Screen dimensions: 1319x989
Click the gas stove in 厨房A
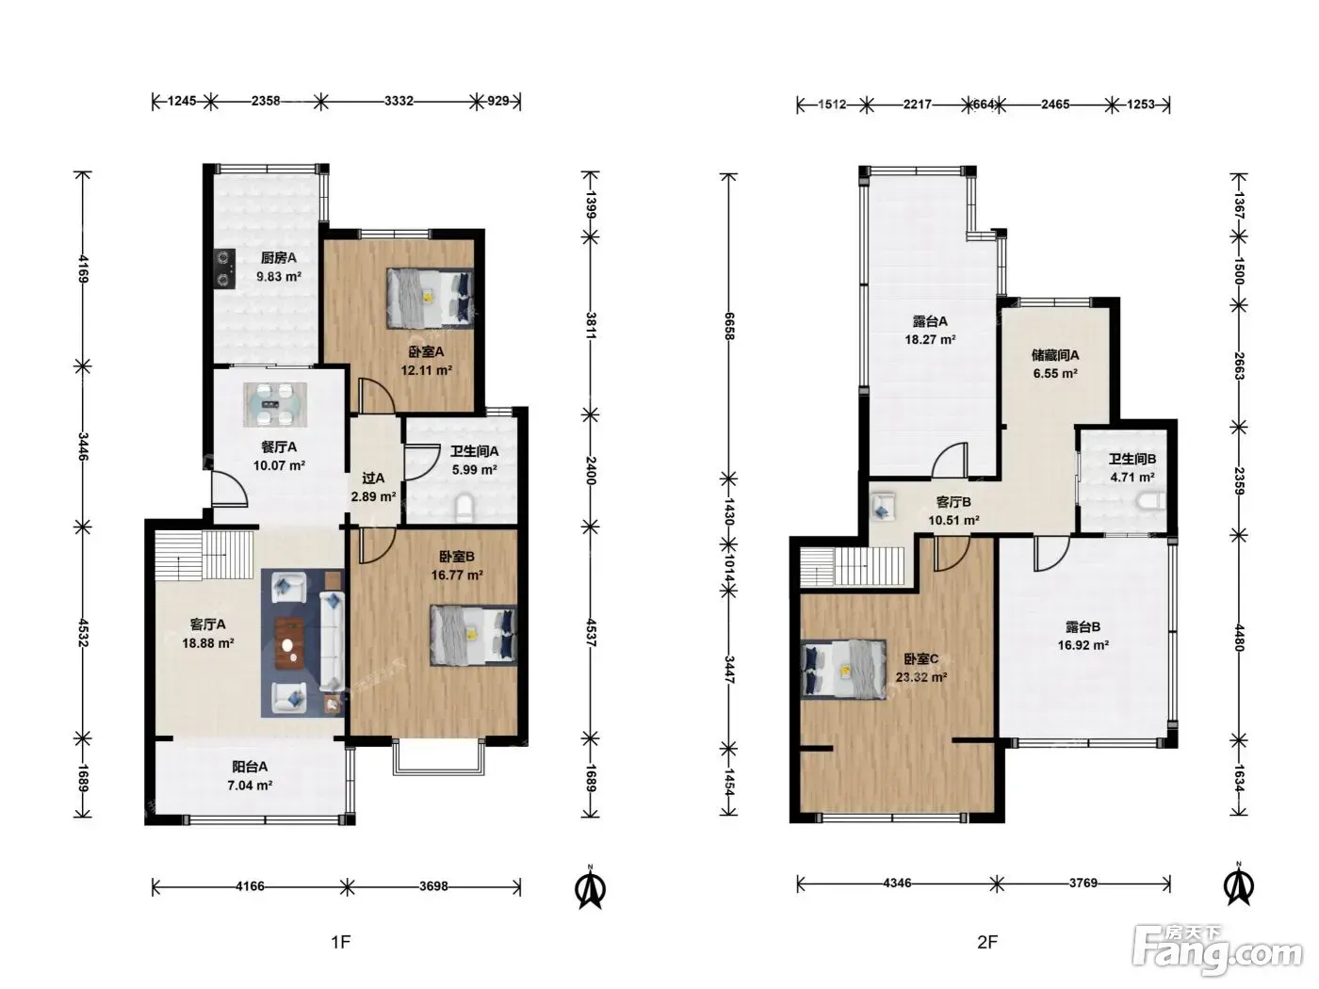(225, 268)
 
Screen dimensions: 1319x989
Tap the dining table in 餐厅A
(275, 404)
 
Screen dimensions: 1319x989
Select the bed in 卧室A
(430, 298)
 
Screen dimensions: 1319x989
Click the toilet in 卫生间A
(464, 508)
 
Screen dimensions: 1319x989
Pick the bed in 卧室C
(843, 669)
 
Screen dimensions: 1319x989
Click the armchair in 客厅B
(882, 506)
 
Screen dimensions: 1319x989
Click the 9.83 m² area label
(278, 277)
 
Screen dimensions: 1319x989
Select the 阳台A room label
(250, 767)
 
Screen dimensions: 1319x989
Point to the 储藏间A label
(1055, 355)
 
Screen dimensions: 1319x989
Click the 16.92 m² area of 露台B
(1083, 645)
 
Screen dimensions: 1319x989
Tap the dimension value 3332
(399, 101)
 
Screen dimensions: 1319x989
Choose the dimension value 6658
(729, 326)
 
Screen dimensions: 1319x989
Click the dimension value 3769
(1083, 883)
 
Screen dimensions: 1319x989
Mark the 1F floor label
(341, 942)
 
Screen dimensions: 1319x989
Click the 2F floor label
(987, 942)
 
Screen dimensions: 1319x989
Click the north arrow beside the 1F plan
(590, 887)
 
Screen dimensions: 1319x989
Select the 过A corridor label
(373, 478)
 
